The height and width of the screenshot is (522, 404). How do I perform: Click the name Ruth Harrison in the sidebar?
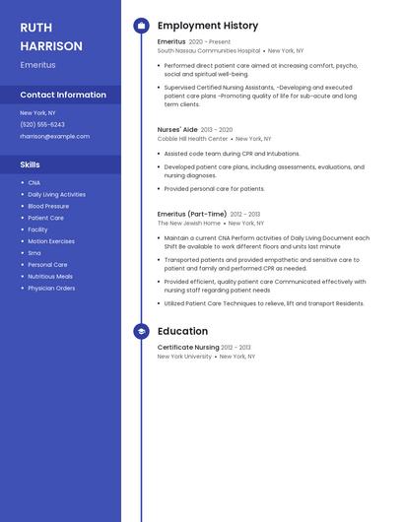tap(51, 36)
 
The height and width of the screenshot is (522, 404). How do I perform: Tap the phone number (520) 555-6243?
tap(42, 125)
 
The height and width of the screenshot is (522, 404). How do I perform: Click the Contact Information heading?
tap(63, 95)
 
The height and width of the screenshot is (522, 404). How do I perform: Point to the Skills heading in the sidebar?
tap(31, 164)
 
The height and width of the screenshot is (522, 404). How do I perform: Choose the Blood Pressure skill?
tap(48, 206)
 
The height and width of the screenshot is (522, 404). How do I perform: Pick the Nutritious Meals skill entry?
tap(50, 277)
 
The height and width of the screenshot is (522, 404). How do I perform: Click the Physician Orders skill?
tap(51, 289)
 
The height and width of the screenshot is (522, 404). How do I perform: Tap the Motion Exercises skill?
tap(51, 241)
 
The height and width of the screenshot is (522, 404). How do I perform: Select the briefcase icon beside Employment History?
tap(141, 26)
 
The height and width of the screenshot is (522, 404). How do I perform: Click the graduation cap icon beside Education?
tap(141, 332)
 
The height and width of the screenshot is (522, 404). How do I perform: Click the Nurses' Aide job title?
tap(177, 129)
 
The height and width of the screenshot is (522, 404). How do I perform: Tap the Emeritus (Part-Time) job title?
tap(192, 214)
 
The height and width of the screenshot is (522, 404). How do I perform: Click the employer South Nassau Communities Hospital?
tap(209, 50)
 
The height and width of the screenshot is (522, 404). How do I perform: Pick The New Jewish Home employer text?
tap(189, 224)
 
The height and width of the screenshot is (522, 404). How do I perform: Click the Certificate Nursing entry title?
tap(188, 347)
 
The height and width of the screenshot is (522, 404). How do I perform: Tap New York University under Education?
tap(184, 357)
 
